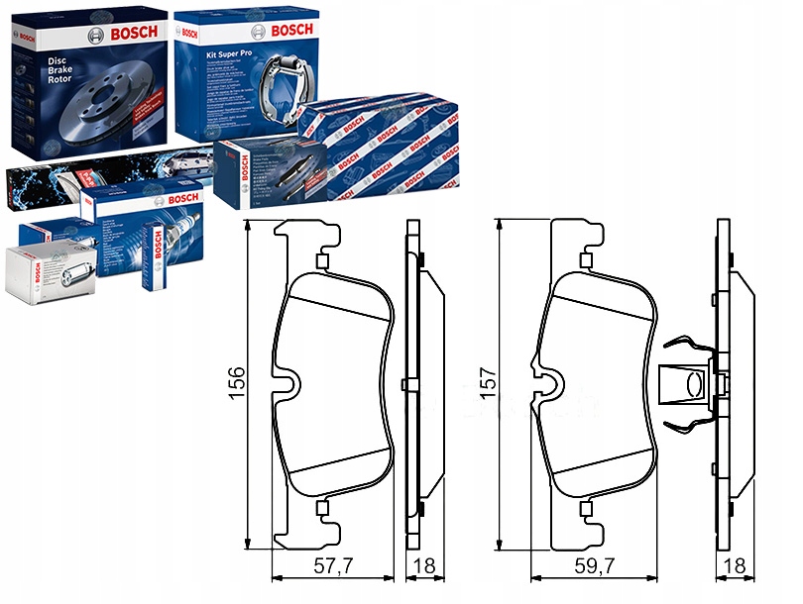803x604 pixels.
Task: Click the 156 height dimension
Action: pyautogui.click(x=235, y=384)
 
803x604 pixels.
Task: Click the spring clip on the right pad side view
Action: pyautogui.click(x=686, y=383)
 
